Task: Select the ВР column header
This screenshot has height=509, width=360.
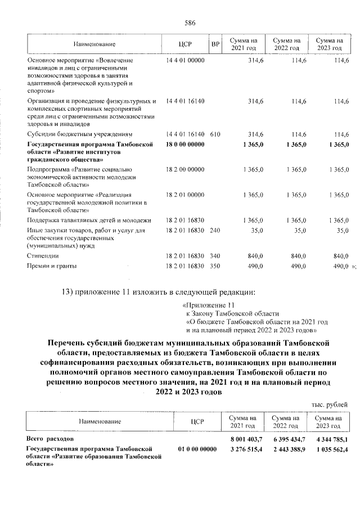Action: (215, 44)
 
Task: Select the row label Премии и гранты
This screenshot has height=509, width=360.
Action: (51, 265)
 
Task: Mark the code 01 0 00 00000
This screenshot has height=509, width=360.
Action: (197, 448)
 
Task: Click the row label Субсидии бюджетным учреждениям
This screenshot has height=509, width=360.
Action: (79, 134)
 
